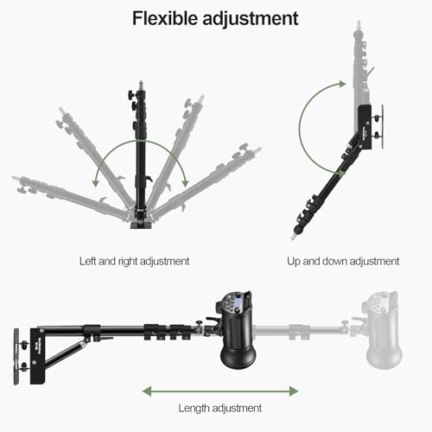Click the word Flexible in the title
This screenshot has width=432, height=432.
pos(165,18)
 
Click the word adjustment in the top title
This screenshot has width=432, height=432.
pos(251,19)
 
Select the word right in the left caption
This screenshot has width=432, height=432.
pos(128,262)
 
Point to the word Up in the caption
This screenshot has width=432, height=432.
pos(294,262)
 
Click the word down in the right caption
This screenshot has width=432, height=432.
pos(334,261)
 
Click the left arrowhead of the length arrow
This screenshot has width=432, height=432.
pos(147,391)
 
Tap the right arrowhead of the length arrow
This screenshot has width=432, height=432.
pos(294,391)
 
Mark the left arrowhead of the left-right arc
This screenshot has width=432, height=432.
pos(95,183)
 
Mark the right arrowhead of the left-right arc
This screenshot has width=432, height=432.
pos(185,183)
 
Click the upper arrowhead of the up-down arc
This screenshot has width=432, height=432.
pos(342,84)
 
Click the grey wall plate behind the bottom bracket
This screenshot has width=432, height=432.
pos(16,357)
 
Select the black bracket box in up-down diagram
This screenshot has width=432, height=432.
pos(365,127)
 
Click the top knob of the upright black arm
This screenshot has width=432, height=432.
pos(131,94)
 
